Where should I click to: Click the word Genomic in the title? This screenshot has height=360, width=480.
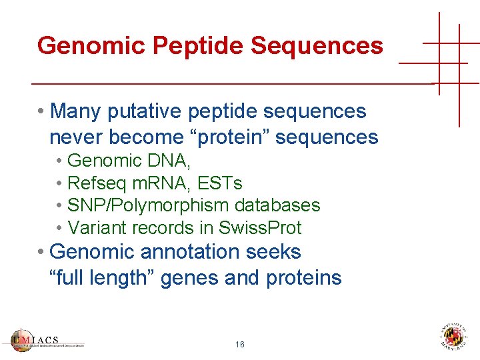[x=91, y=46]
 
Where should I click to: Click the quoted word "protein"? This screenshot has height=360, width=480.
[x=227, y=137]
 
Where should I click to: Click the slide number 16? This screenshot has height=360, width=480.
[x=240, y=345]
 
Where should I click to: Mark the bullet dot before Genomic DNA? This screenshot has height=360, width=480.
[x=60, y=161]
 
